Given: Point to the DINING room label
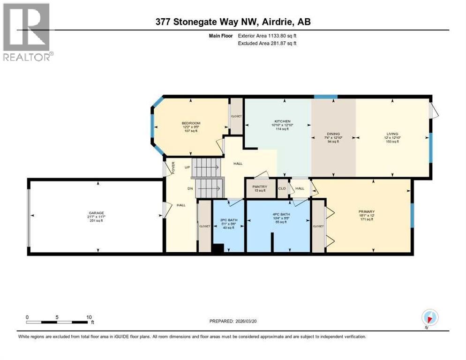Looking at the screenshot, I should (333, 134).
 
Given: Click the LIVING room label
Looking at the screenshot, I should (393, 134).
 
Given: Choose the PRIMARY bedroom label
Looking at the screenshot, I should (367, 211).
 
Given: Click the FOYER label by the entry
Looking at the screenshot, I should (173, 167).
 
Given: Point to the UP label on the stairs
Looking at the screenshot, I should (187, 167).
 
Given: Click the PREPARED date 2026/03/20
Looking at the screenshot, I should (233, 321).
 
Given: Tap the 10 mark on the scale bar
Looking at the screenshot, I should (89, 317).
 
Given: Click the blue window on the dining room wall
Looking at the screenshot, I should (325, 97).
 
